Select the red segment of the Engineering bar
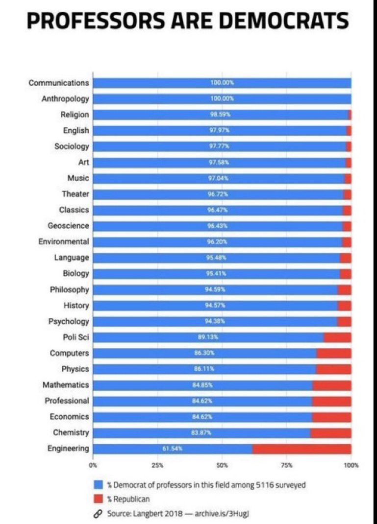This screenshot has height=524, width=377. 302,448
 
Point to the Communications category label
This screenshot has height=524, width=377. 59,82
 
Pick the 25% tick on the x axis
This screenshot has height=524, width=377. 157,465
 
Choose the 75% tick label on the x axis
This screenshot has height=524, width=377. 287,465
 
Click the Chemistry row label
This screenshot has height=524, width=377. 71,432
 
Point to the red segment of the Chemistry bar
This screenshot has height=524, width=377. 330,432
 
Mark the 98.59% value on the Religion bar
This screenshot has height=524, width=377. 220,114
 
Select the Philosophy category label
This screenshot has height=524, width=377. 69,289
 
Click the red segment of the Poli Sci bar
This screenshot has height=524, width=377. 337,337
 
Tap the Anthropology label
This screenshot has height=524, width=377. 65,98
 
